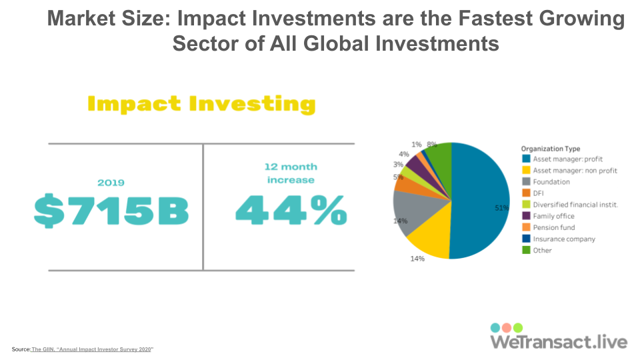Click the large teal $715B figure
pos(111,211)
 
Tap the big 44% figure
pos(291,210)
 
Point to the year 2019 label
pos(111,183)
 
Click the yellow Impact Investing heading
pos(201,104)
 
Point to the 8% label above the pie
pos(432,144)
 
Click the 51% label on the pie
pos(501,208)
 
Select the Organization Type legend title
pos(551,149)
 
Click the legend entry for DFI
pos(533,193)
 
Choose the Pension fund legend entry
pos(549,227)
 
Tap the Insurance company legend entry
pos(559,239)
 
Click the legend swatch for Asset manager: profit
pos(526,159)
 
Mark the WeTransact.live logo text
pos(559,341)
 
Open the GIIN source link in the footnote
pos(92,349)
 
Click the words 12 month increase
pos(291,173)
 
